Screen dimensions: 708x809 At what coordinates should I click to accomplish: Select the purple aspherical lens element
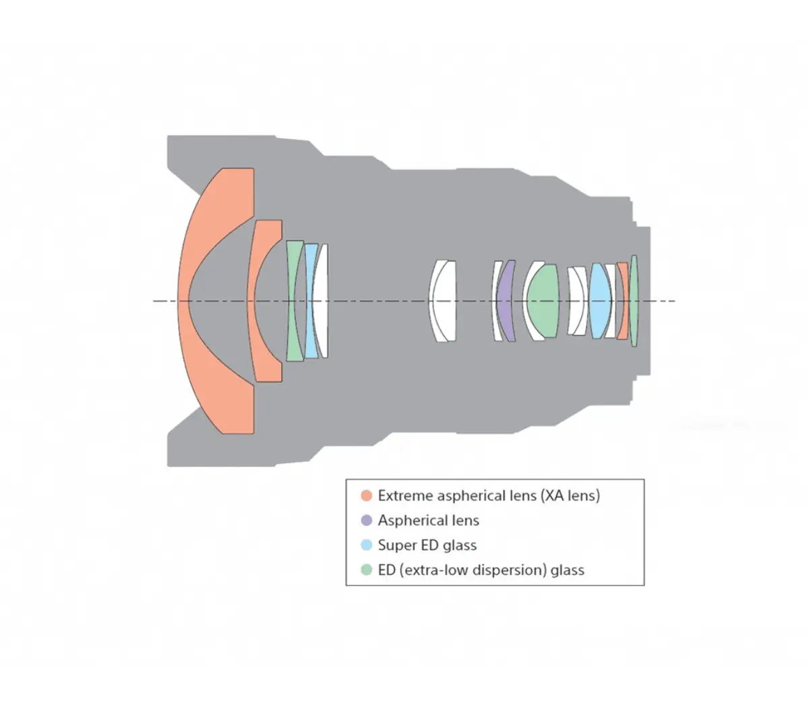click(x=506, y=301)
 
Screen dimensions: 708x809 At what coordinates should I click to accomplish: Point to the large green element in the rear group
click(x=543, y=301)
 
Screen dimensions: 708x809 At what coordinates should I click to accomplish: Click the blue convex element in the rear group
click(x=599, y=301)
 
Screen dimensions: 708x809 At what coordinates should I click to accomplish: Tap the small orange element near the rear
click(x=623, y=301)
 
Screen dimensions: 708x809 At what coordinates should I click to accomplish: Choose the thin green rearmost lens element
click(x=634, y=301)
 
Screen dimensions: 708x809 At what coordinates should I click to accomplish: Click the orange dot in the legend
click(x=367, y=496)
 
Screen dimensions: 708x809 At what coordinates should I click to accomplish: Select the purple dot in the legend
click(x=367, y=521)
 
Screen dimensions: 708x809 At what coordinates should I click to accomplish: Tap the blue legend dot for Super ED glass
click(x=367, y=545)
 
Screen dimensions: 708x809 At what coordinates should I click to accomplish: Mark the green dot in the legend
click(x=367, y=570)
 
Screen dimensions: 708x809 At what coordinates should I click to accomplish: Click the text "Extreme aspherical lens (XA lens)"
click(x=488, y=496)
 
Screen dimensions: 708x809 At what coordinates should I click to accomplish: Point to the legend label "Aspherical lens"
click(x=428, y=521)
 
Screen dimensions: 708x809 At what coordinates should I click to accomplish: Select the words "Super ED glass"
click(x=427, y=545)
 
